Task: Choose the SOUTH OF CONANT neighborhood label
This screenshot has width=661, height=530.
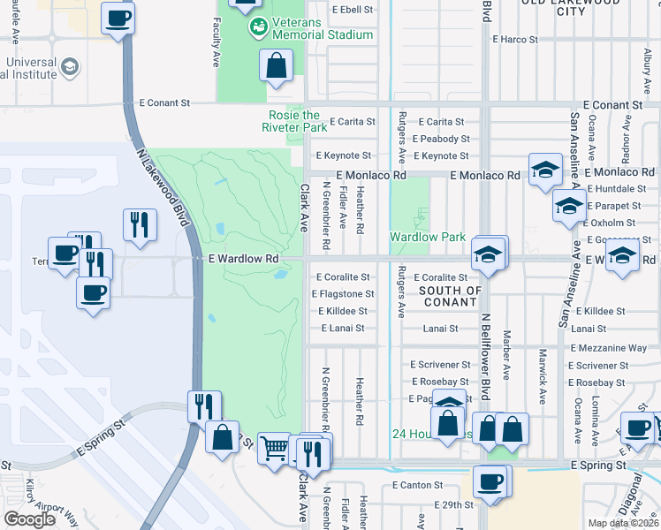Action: point(451,296)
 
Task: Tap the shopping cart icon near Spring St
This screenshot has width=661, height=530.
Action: point(275,449)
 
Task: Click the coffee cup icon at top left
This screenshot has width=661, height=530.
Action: point(118,18)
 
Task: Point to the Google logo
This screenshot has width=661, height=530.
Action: point(29,519)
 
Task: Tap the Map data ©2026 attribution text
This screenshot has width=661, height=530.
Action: point(623,523)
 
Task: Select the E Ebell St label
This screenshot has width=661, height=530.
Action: point(353,10)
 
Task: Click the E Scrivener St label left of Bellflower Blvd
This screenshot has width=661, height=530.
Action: point(441,365)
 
